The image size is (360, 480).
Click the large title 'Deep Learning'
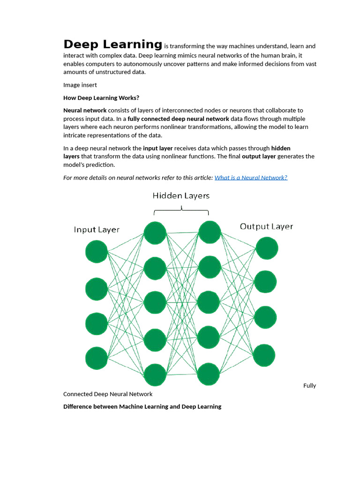point(113,45)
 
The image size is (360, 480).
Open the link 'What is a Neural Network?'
point(251,178)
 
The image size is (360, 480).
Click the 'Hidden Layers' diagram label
point(181,195)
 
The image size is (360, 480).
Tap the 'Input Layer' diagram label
point(97,230)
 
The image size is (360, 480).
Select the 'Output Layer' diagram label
point(266,226)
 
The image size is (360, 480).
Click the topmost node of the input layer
point(97,251)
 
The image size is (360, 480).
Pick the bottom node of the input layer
point(97,358)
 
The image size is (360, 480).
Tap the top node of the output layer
point(266,248)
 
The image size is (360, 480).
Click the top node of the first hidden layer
point(155,233)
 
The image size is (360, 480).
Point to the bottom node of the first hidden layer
point(155,375)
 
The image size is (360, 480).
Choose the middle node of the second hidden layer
point(209,302)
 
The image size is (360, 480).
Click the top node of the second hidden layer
point(209,232)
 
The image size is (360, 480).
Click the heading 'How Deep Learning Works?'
point(101,98)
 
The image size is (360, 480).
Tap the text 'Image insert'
point(80,85)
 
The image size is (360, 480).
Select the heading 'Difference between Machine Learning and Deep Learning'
point(142,406)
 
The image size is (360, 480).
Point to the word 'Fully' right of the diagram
point(309,385)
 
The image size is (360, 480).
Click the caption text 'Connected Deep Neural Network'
point(108,394)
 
